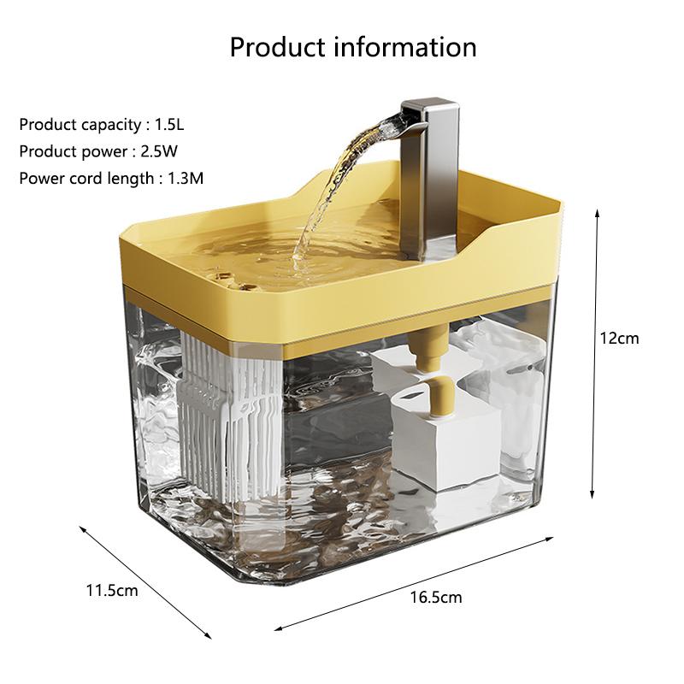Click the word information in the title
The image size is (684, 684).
(407, 46)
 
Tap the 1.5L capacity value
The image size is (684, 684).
(169, 125)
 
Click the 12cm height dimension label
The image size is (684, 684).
(619, 338)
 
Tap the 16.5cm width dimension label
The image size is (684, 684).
(436, 597)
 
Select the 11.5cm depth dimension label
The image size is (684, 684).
(112, 590)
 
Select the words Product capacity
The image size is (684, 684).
(80, 125)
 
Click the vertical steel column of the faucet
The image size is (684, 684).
(440, 184)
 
